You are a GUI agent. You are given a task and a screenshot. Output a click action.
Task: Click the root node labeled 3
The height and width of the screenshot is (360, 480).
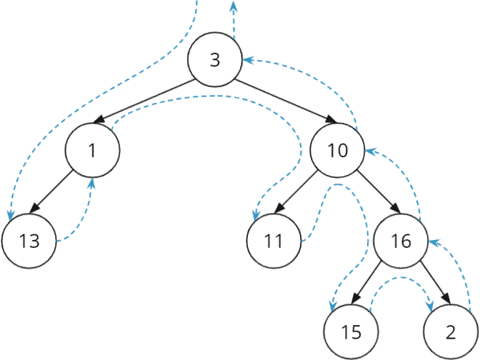click(x=215, y=59)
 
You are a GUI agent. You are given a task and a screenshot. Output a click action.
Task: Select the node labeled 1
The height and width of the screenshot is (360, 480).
click(x=92, y=151)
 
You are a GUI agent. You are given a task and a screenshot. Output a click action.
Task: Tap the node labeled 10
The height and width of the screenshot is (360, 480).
click(x=338, y=151)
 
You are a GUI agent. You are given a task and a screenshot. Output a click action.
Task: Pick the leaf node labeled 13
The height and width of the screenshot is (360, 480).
click(x=29, y=241)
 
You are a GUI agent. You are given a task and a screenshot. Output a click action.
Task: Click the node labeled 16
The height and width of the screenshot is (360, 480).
click(x=401, y=241)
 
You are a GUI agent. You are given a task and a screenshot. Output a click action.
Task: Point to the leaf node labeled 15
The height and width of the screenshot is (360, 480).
click(x=349, y=332)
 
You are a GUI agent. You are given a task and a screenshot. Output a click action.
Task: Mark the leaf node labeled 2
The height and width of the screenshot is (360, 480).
click(x=450, y=332)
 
